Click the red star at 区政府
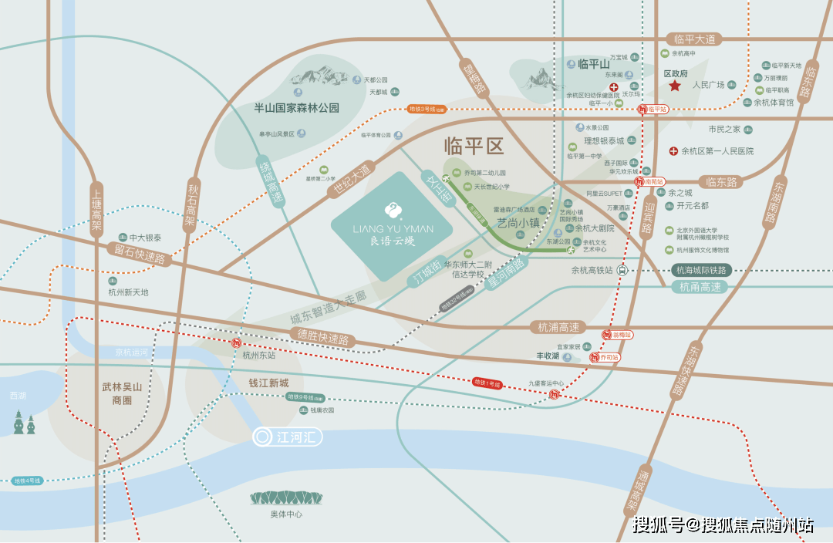point(675,86)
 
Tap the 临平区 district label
point(474,146)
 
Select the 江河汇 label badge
point(288,437)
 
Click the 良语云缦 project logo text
point(393,240)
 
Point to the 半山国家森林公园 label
point(297,108)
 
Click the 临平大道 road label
point(695,39)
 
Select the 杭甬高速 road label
point(700,287)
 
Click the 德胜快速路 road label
point(323,338)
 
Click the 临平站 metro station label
point(656,110)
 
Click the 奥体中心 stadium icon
point(286,498)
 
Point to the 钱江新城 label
point(268,383)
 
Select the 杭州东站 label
point(258,356)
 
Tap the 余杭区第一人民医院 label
point(717,151)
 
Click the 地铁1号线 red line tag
point(487,383)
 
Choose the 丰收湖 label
point(548,357)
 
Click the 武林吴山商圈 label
point(122,394)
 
